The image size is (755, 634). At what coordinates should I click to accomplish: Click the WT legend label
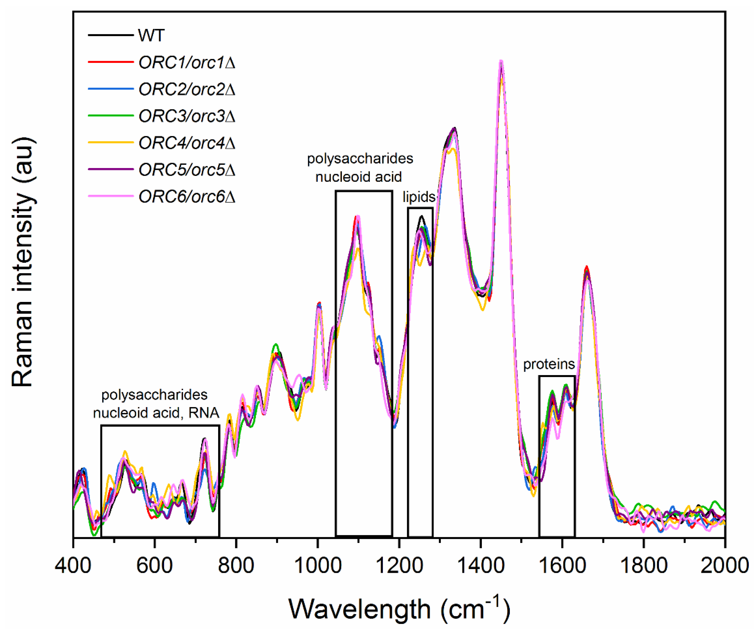[151, 35]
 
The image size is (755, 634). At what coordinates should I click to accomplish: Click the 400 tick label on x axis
[73, 566]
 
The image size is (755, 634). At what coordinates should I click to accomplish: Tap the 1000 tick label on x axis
[318, 566]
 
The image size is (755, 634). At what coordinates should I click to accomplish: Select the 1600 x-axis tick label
[562, 566]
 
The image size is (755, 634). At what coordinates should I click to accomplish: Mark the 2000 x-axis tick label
[724, 566]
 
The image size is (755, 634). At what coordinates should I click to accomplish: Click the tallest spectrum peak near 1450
[501, 62]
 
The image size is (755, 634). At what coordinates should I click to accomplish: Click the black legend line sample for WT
[111, 35]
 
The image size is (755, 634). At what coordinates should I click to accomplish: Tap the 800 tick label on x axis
[236, 566]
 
